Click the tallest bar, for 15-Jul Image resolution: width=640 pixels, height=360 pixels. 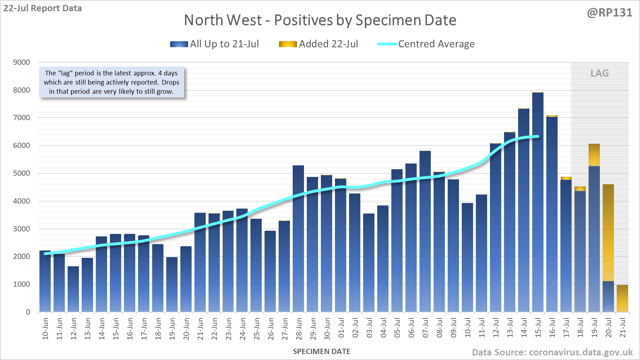click(x=538, y=204)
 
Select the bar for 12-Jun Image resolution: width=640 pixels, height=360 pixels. click(x=73, y=289)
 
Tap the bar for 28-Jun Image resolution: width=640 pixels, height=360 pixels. click(x=298, y=240)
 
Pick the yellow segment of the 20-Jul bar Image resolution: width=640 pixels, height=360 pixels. click(x=608, y=232)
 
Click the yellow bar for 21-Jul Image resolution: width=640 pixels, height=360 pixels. click(x=622, y=299)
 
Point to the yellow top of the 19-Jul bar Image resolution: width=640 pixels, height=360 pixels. click(x=594, y=155)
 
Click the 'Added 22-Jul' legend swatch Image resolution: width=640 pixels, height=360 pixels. click(x=288, y=44)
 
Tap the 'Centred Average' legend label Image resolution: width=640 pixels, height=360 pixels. click(x=436, y=44)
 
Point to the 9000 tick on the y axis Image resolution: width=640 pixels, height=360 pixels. click(x=21, y=62)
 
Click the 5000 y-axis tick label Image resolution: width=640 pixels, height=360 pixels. click(x=21, y=173)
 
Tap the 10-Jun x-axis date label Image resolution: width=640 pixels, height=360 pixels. click(x=45, y=328)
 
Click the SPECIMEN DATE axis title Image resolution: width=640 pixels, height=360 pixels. click(x=322, y=352)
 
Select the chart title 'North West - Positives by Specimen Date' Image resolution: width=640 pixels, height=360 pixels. click(x=320, y=20)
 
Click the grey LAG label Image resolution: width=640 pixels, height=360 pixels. click(x=599, y=73)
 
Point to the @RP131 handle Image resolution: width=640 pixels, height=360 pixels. click(x=609, y=13)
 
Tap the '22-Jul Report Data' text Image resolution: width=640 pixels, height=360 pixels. click(x=43, y=8)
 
